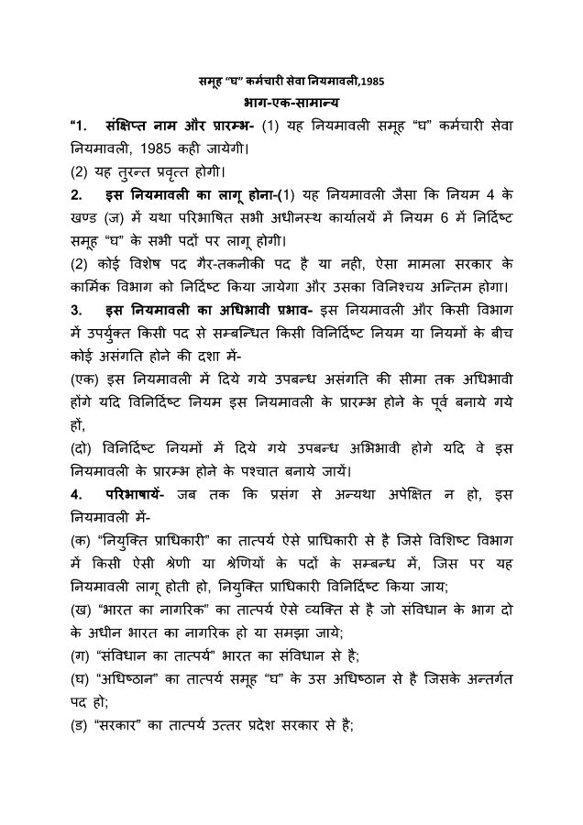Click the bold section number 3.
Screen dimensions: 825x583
[73, 314]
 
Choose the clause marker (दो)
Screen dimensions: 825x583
[82, 449]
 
